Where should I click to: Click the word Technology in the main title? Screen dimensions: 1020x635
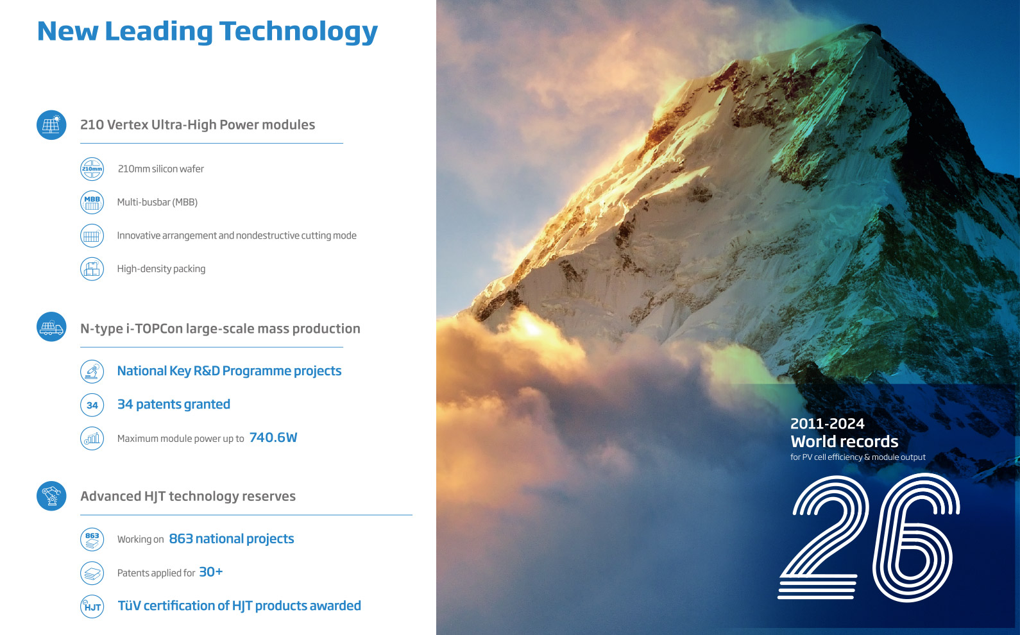pyautogui.click(x=298, y=32)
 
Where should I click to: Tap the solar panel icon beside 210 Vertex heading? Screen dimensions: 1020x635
pyautogui.click(x=51, y=124)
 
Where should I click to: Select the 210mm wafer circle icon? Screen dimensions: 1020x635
pyautogui.click(x=92, y=169)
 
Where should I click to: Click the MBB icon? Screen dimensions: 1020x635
pyautogui.click(x=92, y=202)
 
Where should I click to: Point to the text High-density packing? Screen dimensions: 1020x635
pyautogui.click(x=161, y=269)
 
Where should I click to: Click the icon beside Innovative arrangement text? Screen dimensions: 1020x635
pyautogui.click(x=92, y=236)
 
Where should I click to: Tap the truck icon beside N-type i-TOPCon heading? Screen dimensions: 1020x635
pyautogui.click(x=51, y=327)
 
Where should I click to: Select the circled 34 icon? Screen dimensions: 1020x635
pyautogui.click(x=92, y=405)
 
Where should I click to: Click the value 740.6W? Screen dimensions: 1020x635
pyautogui.click(x=273, y=437)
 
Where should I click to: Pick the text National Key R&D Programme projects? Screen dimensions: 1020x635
pyautogui.click(x=229, y=371)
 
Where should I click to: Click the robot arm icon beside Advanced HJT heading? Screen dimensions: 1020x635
pyautogui.click(x=51, y=496)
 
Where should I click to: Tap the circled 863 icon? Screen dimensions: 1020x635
pyautogui.click(x=92, y=539)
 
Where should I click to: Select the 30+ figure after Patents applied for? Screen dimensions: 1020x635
pyautogui.click(x=211, y=571)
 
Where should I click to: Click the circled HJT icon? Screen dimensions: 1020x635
pyautogui.click(x=92, y=606)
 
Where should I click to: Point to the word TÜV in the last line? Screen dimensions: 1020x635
pyautogui.click(x=129, y=605)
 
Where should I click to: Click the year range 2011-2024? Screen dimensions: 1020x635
pyautogui.click(x=828, y=424)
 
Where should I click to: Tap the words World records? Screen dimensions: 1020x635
pyautogui.click(x=844, y=441)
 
